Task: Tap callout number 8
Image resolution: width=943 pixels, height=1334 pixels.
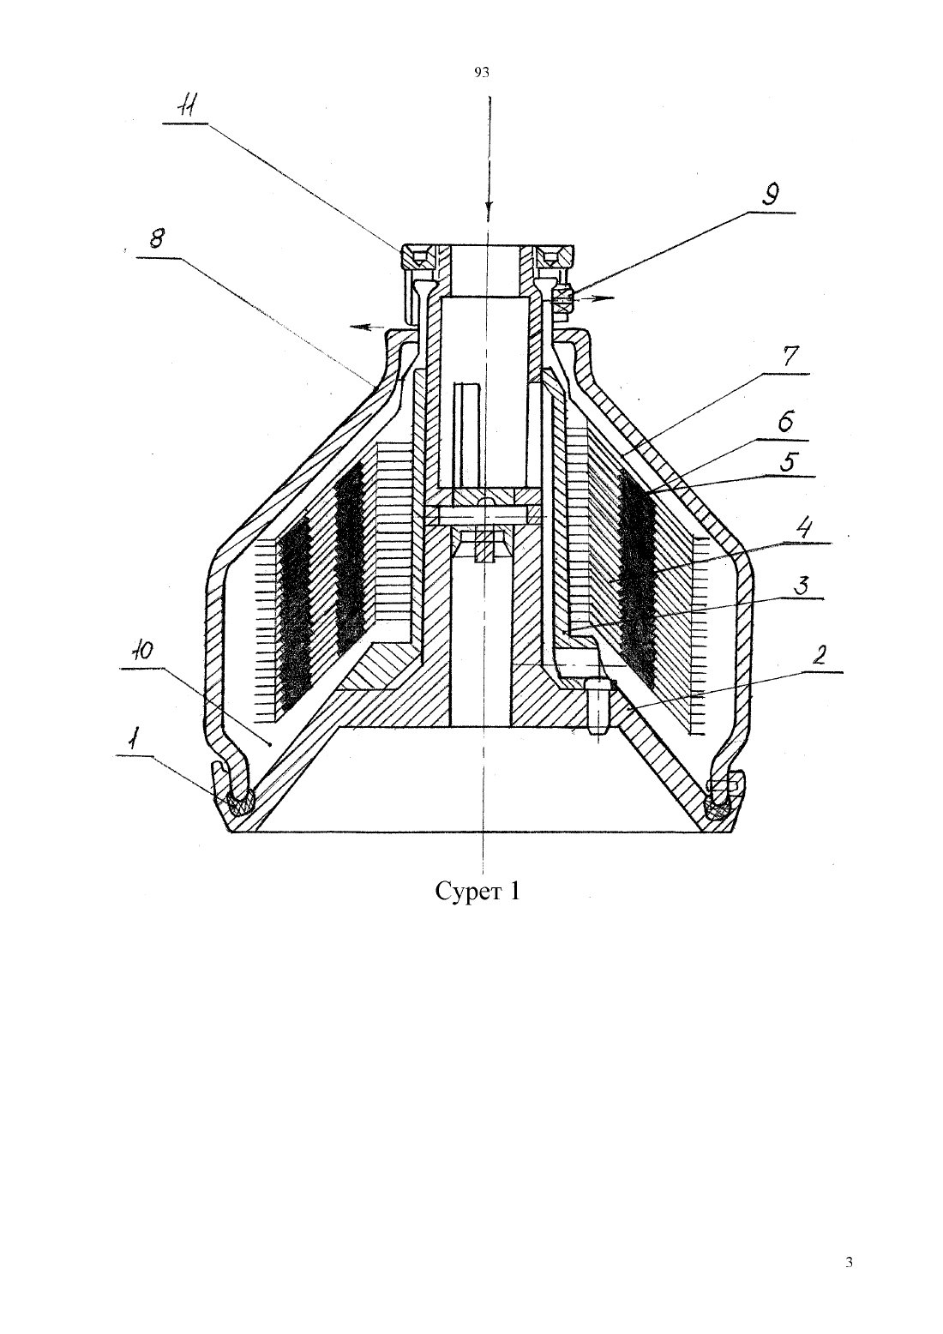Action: [156, 239]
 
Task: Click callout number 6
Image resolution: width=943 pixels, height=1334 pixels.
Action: [785, 422]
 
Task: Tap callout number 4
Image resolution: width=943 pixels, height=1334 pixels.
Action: [805, 529]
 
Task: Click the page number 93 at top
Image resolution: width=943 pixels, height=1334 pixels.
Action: [482, 73]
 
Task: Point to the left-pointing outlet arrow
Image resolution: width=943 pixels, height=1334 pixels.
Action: [367, 327]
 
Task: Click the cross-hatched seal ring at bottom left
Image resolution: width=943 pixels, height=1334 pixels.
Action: [241, 804]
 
